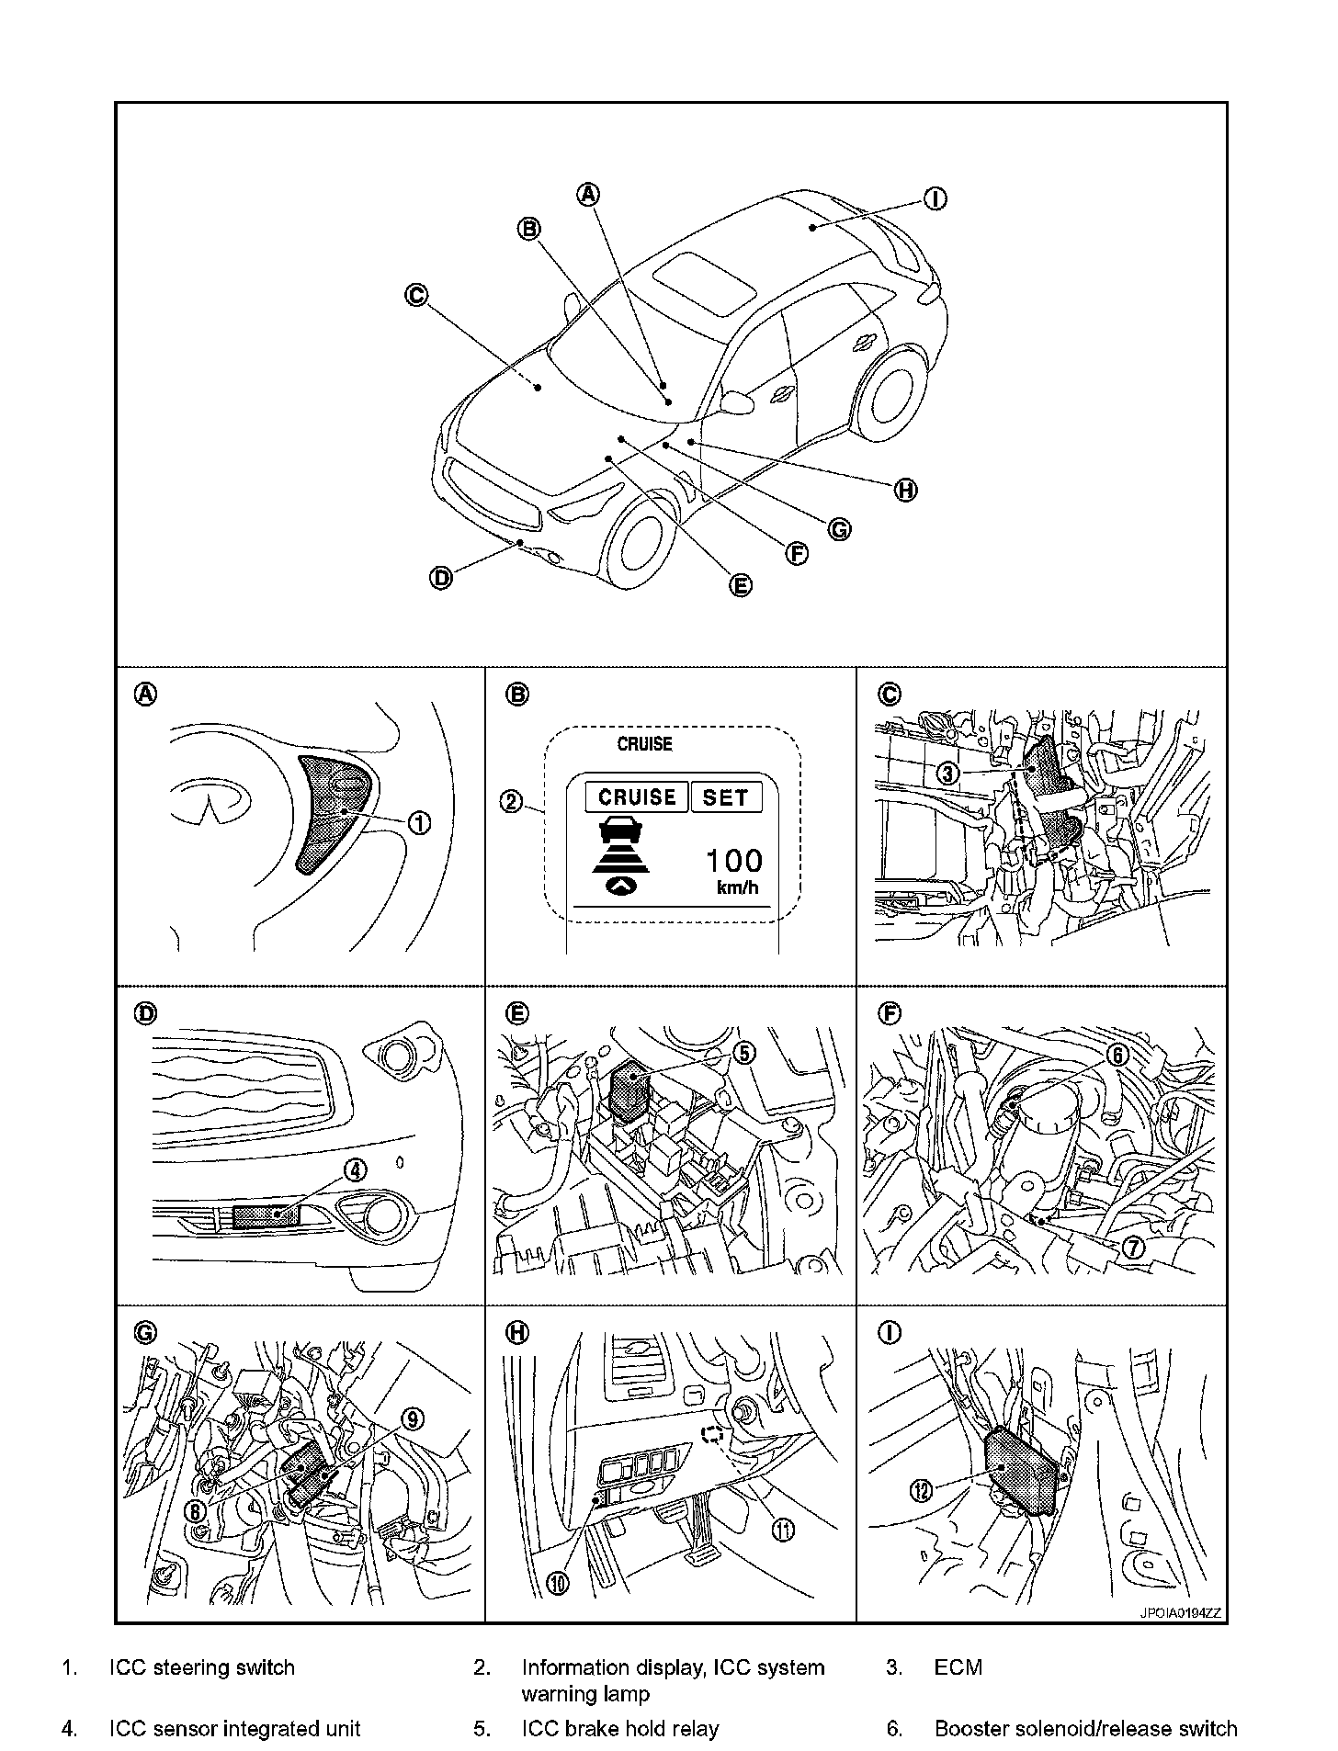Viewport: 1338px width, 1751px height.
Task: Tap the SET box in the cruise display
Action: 726,796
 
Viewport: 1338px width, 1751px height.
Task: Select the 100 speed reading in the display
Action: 733,861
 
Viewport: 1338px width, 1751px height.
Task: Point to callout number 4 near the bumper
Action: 355,1170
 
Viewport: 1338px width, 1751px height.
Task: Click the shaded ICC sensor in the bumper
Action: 266,1216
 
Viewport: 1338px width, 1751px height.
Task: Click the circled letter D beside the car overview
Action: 441,579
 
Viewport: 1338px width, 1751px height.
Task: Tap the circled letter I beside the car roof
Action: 935,199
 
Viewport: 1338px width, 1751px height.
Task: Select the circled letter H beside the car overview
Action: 906,491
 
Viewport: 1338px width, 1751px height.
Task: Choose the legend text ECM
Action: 958,1667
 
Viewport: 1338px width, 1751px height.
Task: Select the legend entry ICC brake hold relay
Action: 619,1729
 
